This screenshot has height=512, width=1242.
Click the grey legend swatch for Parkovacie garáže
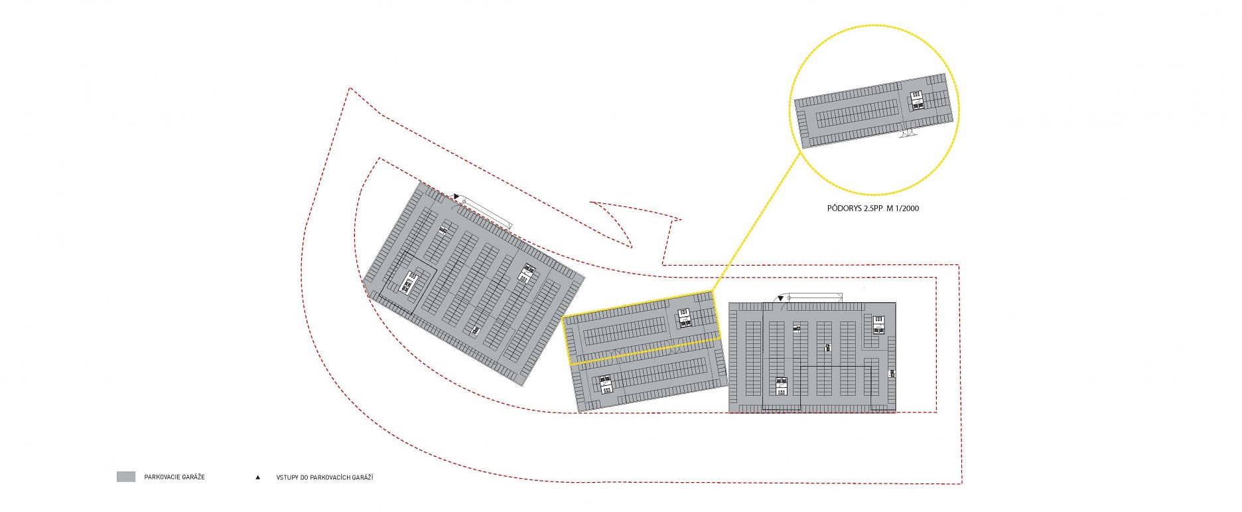tap(126, 477)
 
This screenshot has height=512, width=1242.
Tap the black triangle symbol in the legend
tap(258, 477)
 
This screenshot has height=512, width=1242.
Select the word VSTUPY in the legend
tap(287, 477)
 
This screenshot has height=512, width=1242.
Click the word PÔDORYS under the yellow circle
tap(843, 209)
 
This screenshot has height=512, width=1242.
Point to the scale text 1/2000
tap(907, 209)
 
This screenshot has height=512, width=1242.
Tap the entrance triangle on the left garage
tap(456, 197)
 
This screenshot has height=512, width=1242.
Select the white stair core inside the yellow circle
tap(918, 100)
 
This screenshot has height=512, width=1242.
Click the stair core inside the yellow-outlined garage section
tap(685, 318)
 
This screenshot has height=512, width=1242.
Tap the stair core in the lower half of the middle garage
tap(605, 384)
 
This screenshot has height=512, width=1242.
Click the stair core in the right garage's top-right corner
tap(878, 325)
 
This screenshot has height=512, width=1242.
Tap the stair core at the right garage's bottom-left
tap(782, 386)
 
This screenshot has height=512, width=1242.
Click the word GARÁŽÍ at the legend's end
tap(362, 477)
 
